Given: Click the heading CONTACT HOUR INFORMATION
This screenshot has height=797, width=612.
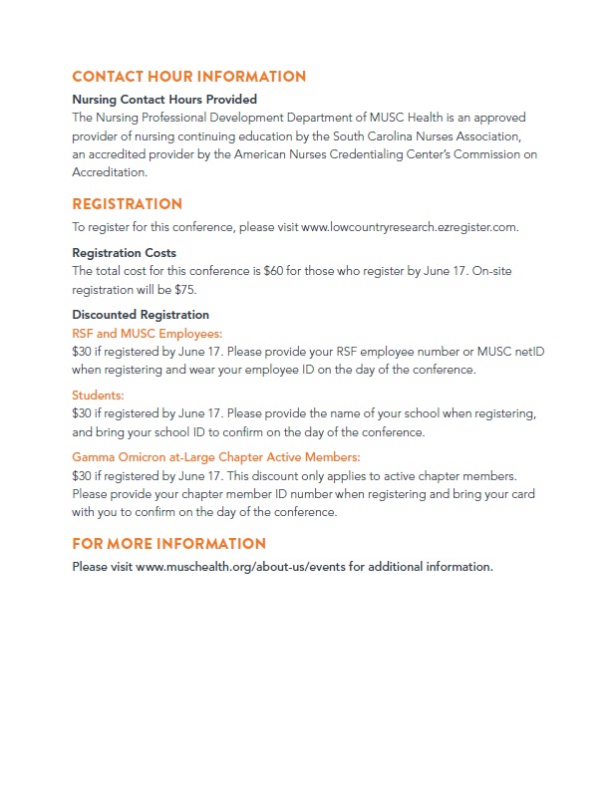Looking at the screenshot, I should (x=189, y=77).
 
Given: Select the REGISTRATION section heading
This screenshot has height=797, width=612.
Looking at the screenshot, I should (x=128, y=204).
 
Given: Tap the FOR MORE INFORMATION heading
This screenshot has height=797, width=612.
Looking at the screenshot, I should (x=169, y=544).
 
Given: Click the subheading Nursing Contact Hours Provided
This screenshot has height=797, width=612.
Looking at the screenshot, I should (x=164, y=100).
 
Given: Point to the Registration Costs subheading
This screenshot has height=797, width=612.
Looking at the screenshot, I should (x=124, y=253).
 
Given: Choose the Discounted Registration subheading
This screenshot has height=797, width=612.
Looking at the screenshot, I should (x=141, y=316).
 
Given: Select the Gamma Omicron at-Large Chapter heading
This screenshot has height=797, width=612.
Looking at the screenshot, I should (x=216, y=457).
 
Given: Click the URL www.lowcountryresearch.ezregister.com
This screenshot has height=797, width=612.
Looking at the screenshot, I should (x=409, y=227).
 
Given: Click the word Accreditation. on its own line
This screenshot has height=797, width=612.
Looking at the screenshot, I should (x=110, y=172).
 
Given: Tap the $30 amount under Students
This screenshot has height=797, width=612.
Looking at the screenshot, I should (x=83, y=413).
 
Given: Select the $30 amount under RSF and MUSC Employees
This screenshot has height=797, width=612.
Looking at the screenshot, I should (x=83, y=352).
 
